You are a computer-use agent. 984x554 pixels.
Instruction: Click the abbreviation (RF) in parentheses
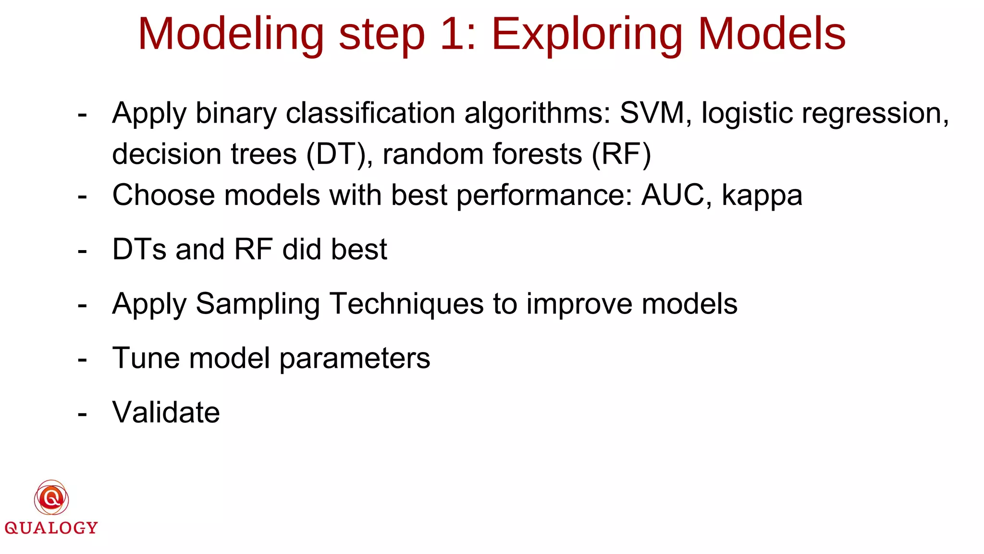coord(621,155)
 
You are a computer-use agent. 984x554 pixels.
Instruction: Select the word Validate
coord(166,413)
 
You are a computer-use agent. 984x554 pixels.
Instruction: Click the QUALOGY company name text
coord(51,528)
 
